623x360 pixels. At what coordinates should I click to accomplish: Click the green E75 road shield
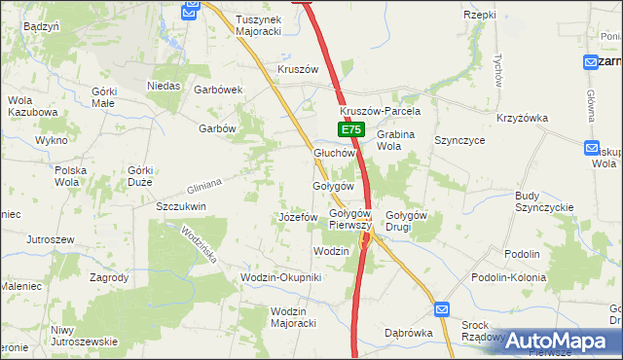tap(352, 129)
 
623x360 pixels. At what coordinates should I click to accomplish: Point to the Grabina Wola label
tap(401, 140)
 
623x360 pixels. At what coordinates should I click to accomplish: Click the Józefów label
tap(298, 217)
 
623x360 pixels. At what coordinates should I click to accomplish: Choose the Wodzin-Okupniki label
tap(280, 278)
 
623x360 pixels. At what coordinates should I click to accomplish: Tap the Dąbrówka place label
tap(408, 331)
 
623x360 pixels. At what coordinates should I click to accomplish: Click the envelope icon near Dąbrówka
tap(441, 309)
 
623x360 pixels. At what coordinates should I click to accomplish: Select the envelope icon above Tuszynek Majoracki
tap(191, 9)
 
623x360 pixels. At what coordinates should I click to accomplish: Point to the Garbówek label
tap(218, 89)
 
